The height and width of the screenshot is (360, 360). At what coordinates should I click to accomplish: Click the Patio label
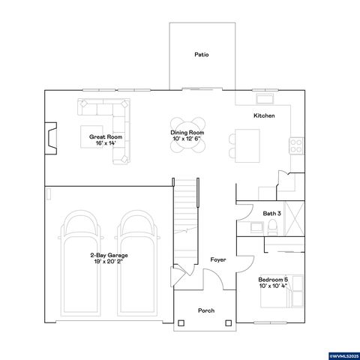(x=201, y=55)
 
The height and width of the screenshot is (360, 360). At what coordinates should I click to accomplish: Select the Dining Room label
(x=187, y=136)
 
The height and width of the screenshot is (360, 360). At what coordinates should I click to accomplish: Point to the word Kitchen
(x=264, y=116)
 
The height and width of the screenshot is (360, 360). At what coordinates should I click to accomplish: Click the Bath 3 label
(x=271, y=214)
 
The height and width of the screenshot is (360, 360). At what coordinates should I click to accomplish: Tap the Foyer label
(x=218, y=259)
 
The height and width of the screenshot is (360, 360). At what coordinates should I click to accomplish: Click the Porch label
(x=205, y=310)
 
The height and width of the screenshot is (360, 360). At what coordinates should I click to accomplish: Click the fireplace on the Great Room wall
(x=50, y=138)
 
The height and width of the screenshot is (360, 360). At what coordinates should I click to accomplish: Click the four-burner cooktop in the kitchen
(x=296, y=145)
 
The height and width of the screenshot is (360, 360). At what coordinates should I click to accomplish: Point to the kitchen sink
(x=265, y=98)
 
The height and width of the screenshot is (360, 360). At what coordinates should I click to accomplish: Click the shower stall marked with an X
(x=295, y=217)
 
